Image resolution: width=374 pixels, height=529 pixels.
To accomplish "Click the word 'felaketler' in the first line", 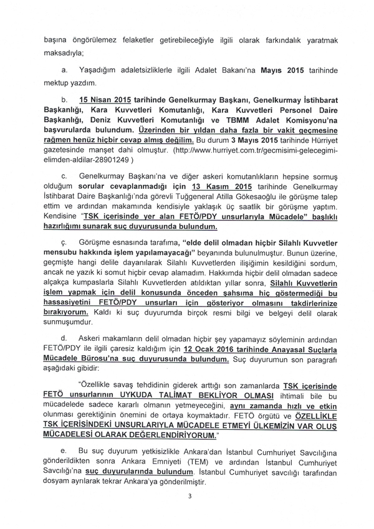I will [x=118, y=40].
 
